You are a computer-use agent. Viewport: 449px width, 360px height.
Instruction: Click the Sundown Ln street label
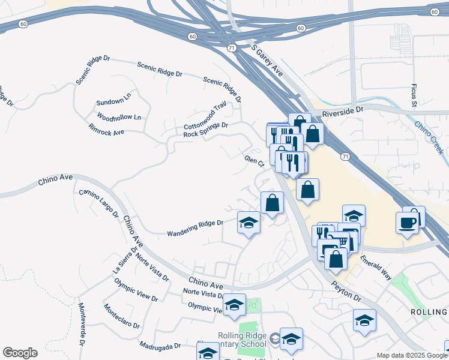(113, 98)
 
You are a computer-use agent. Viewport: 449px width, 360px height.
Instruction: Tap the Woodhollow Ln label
(119, 117)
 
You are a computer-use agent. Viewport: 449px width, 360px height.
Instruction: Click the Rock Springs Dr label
(206, 129)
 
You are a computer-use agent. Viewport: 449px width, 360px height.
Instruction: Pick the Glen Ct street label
(254, 162)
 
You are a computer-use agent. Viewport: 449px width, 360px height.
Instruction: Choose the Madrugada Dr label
(160, 346)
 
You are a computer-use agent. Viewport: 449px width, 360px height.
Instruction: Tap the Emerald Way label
(376, 268)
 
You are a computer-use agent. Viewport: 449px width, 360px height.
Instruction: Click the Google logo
(20, 353)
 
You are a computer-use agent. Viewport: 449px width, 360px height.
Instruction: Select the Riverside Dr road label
(343, 112)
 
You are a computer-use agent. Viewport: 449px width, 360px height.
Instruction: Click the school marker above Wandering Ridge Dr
(249, 223)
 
